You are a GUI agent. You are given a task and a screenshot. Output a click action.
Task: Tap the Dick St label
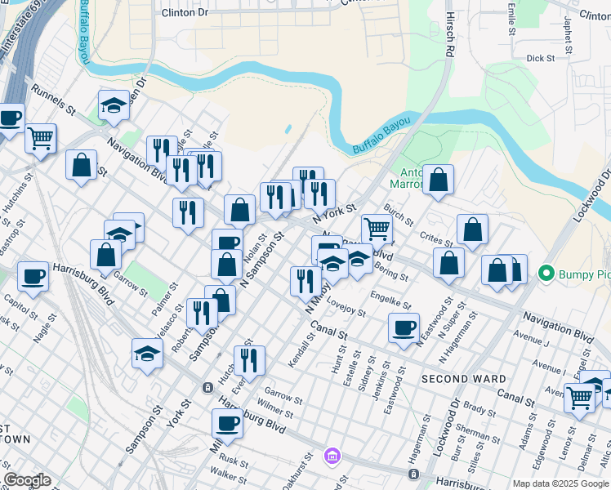click(540, 59)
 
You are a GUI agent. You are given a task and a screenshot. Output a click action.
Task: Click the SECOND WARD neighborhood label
click(462, 379)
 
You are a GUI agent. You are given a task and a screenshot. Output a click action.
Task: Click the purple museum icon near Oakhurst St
click(332, 455)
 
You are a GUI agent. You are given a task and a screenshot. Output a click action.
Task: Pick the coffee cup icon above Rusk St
click(228, 423)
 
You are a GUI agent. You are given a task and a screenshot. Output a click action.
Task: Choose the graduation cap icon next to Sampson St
click(147, 354)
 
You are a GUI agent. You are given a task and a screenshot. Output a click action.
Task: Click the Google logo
click(26, 480)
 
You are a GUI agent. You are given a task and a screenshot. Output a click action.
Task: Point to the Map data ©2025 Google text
click(560, 483)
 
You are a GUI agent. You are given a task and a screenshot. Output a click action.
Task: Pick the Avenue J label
click(530, 334)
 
